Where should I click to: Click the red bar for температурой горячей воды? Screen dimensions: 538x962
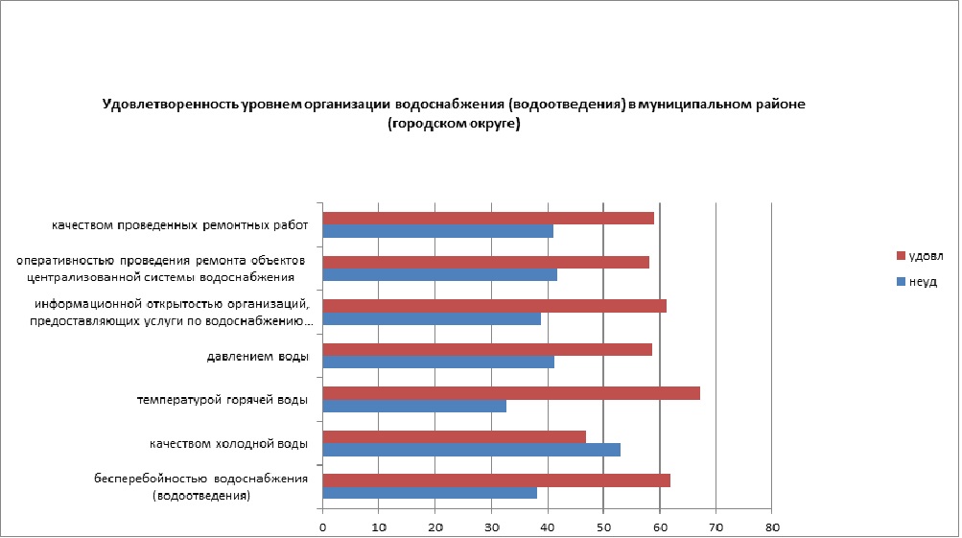(511, 393)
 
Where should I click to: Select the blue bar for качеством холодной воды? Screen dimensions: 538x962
(471, 450)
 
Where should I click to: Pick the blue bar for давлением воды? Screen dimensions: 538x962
(438, 363)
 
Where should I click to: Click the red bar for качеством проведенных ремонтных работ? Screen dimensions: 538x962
(488, 218)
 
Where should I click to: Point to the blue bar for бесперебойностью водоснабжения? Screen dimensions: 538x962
(430, 493)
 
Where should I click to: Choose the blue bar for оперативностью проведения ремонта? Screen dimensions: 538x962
(439, 275)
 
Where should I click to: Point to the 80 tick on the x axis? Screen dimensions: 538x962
(771, 526)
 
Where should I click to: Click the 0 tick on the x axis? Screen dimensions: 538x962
(323, 526)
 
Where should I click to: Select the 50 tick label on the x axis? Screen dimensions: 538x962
(603, 526)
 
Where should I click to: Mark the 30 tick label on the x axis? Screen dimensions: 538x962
(491, 526)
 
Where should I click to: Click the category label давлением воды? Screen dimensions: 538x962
(258, 357)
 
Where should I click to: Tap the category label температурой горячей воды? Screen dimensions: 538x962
(223, 400)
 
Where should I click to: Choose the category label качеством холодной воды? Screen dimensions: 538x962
(228, 444)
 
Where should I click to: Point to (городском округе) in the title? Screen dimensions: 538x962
(454, 124)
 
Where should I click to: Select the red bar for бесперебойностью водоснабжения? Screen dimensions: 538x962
(496, 480)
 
